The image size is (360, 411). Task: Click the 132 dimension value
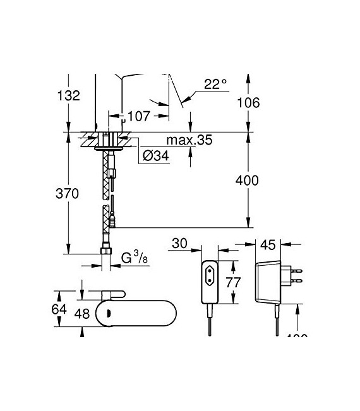pos(68,96)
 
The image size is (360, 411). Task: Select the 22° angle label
pos(214,83)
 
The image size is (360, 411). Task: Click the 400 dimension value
pos(246,181)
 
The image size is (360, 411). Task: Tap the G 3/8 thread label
pos(135,258)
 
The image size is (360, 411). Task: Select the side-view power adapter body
pos(268,282)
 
